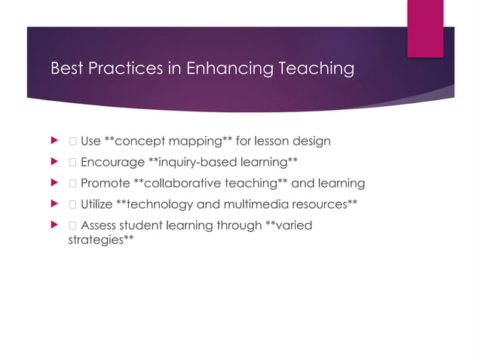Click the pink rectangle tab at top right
tap(425, 28)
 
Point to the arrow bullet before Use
tap(53, 141)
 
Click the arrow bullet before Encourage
tap(53, 162)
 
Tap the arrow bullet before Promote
tap(53, 183)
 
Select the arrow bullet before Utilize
tap(53, 204)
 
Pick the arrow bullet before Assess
tap(53, 225)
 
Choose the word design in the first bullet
tap(311, 141)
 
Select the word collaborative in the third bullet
tap(182, 183)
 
